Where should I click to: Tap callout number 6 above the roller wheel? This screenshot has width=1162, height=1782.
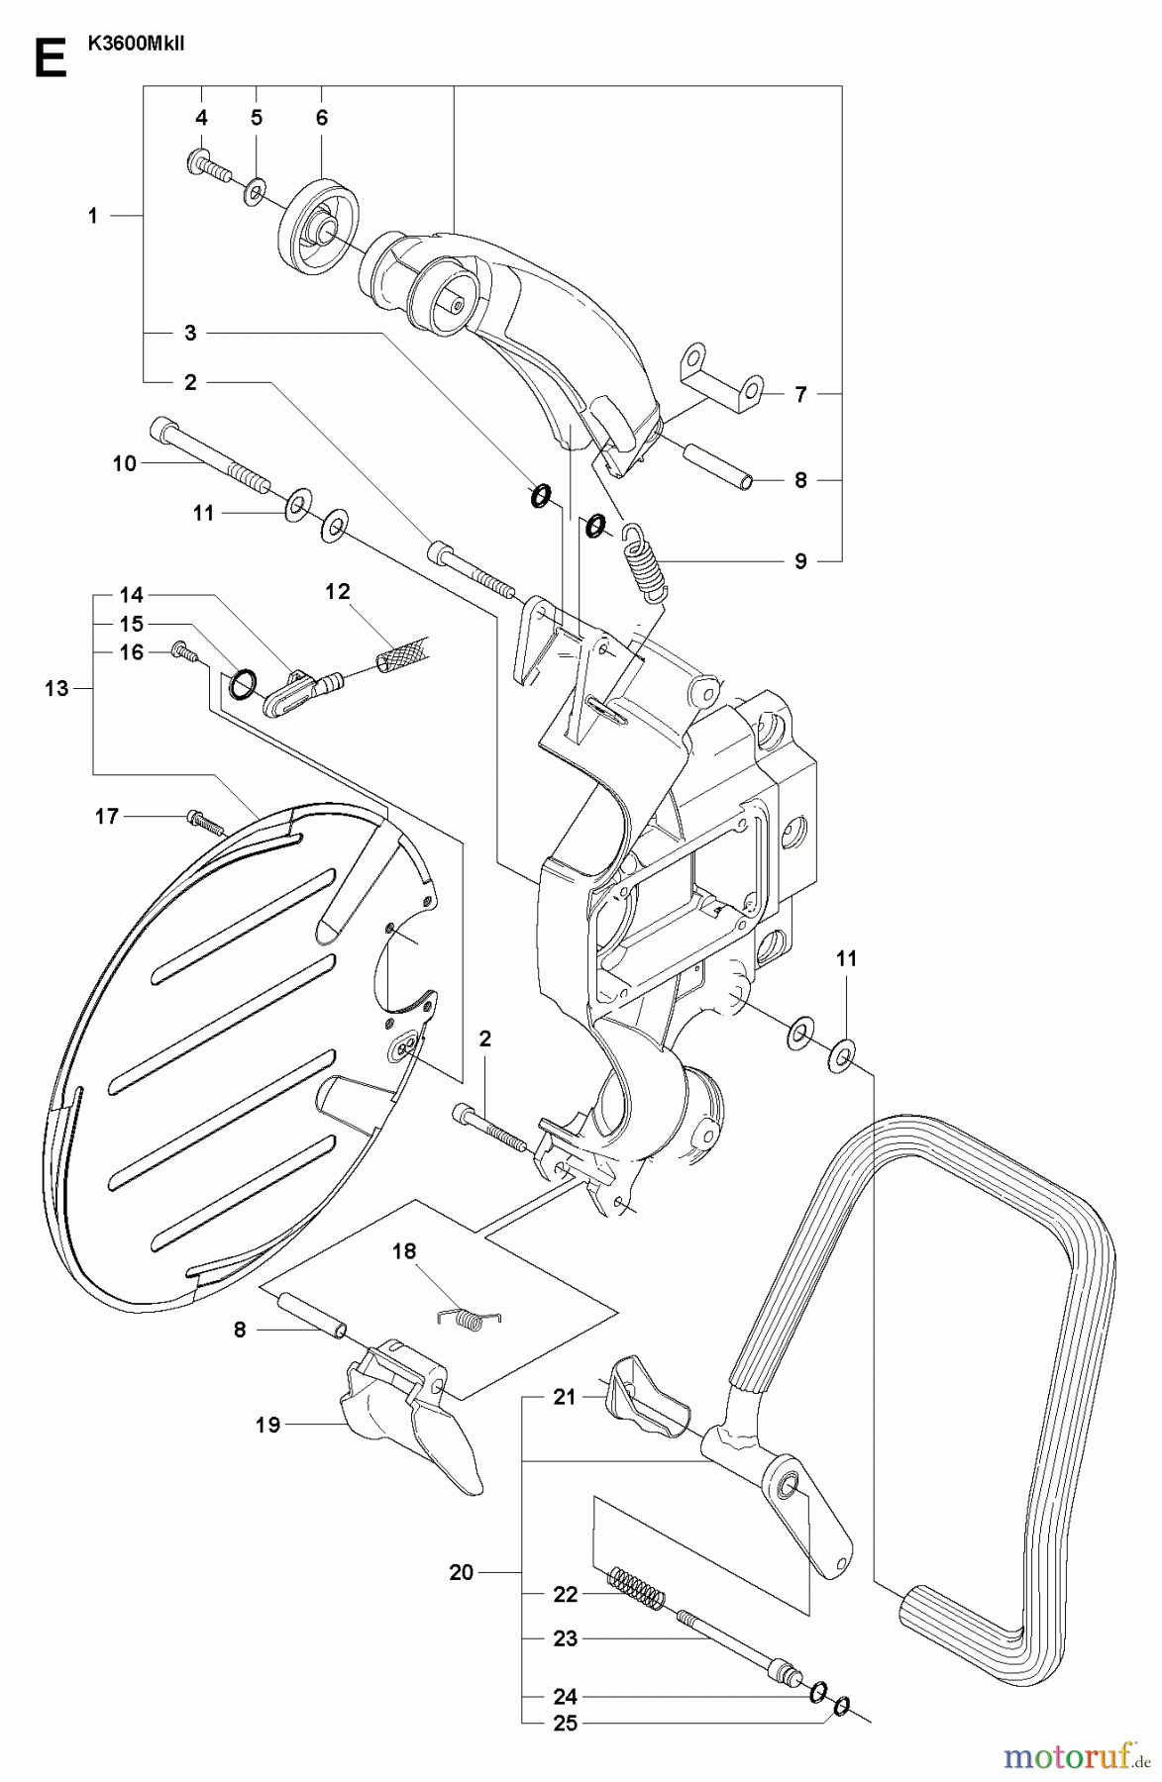(x=322, y=118)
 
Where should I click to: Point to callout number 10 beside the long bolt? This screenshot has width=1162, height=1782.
(x=125, y=462)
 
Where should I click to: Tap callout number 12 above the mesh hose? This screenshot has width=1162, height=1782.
(x=338, y=591)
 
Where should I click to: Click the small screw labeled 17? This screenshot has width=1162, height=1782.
(x=204, y=821)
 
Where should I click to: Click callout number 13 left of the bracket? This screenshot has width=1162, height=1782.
(x=56, y=687)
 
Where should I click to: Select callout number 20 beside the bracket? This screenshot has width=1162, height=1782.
(x=462, y=1571)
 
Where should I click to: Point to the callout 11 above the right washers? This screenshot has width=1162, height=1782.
(x=847, y=958)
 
